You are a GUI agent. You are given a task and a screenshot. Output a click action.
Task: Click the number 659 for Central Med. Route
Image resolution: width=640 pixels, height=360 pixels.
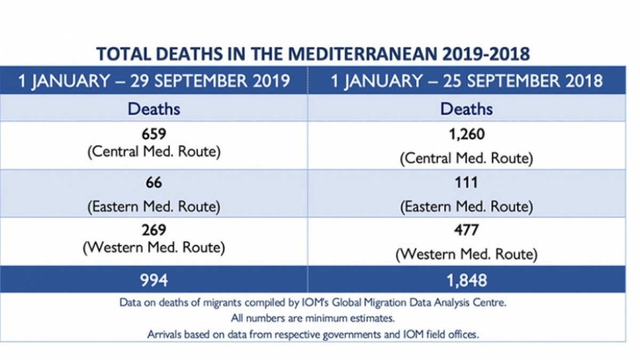[154, 135]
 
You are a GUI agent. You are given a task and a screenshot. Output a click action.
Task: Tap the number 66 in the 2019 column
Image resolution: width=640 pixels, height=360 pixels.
[154, 183]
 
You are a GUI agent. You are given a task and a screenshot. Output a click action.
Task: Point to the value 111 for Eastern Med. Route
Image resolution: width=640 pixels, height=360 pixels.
[466, 183]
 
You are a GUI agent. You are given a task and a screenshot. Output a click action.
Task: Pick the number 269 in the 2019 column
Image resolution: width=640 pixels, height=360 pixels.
[154, 230]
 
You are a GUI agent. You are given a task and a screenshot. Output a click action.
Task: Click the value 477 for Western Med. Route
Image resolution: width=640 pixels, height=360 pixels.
[466, 230]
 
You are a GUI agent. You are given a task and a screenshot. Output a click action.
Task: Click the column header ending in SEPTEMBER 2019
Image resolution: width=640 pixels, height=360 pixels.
[154, 81]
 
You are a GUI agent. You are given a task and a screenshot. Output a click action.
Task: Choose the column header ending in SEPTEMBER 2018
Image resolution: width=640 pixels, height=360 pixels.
[467, 81]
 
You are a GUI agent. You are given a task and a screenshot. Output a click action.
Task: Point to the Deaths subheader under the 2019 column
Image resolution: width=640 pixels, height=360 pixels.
[154, 109]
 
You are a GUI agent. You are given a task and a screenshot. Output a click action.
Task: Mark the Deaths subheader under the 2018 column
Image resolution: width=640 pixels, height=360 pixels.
[466, 109]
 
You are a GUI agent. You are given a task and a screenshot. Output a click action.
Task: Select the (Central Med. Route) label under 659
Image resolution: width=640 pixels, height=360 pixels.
[154, 151]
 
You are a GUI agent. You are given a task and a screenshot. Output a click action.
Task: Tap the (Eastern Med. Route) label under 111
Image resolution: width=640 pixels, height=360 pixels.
[466, 206]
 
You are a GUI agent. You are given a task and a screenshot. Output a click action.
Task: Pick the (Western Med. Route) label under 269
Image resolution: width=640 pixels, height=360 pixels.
[154, 247]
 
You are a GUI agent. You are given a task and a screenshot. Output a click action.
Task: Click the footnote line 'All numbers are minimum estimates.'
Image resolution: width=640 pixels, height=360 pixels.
[313, 319]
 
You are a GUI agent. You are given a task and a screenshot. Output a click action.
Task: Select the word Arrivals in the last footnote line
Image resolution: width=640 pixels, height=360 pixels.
[167, 334]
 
